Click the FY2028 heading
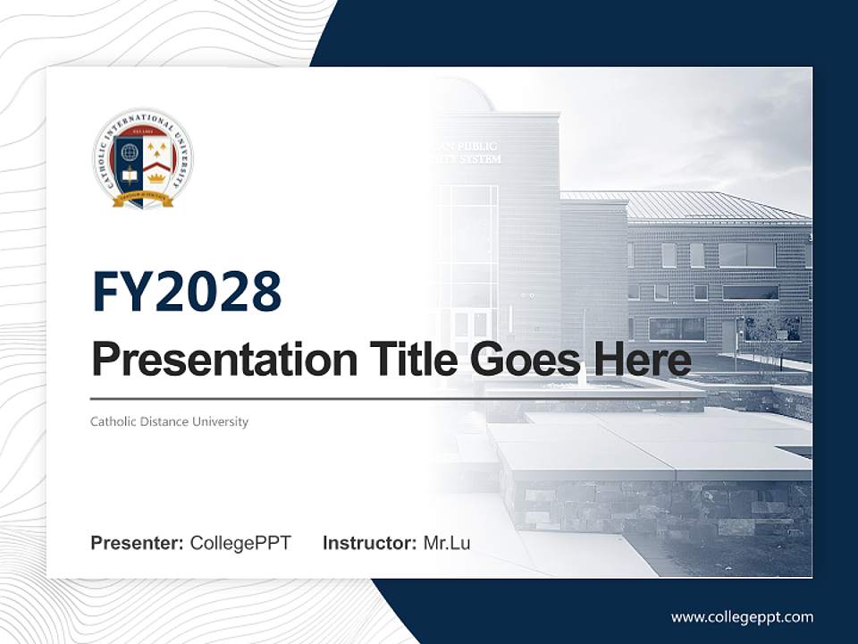(x=187, y=292)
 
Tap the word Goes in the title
(x=522, y=360)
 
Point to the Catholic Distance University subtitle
(x=169, y=421)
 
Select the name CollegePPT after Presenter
(x=240, y=543)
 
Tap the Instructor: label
(x=369, y=543)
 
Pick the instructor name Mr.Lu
(x=447, y=543)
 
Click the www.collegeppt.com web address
(x=742, y=616)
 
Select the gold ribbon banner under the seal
(x=143, y=199)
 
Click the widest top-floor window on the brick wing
(x=746, y=255)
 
